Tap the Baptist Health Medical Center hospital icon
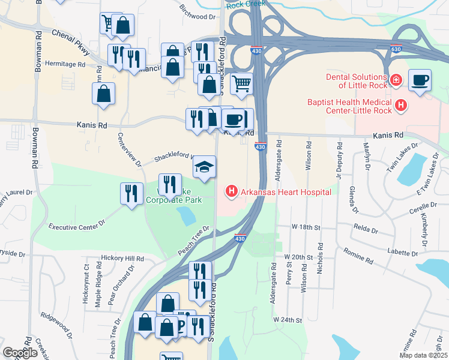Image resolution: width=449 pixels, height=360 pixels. click(x=402, y=107)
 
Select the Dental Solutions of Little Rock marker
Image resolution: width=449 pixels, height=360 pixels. click(x=396, y=80)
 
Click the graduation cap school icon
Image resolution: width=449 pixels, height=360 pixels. click(x=204, y=167)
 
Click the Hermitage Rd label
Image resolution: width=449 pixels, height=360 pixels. click(x=65, y=64)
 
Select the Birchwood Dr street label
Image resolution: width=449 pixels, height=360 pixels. click(x=197, y=12)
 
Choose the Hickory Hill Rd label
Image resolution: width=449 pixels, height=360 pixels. click(x=122, y=258)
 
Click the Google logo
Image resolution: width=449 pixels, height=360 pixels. click(x=20, y=353)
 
